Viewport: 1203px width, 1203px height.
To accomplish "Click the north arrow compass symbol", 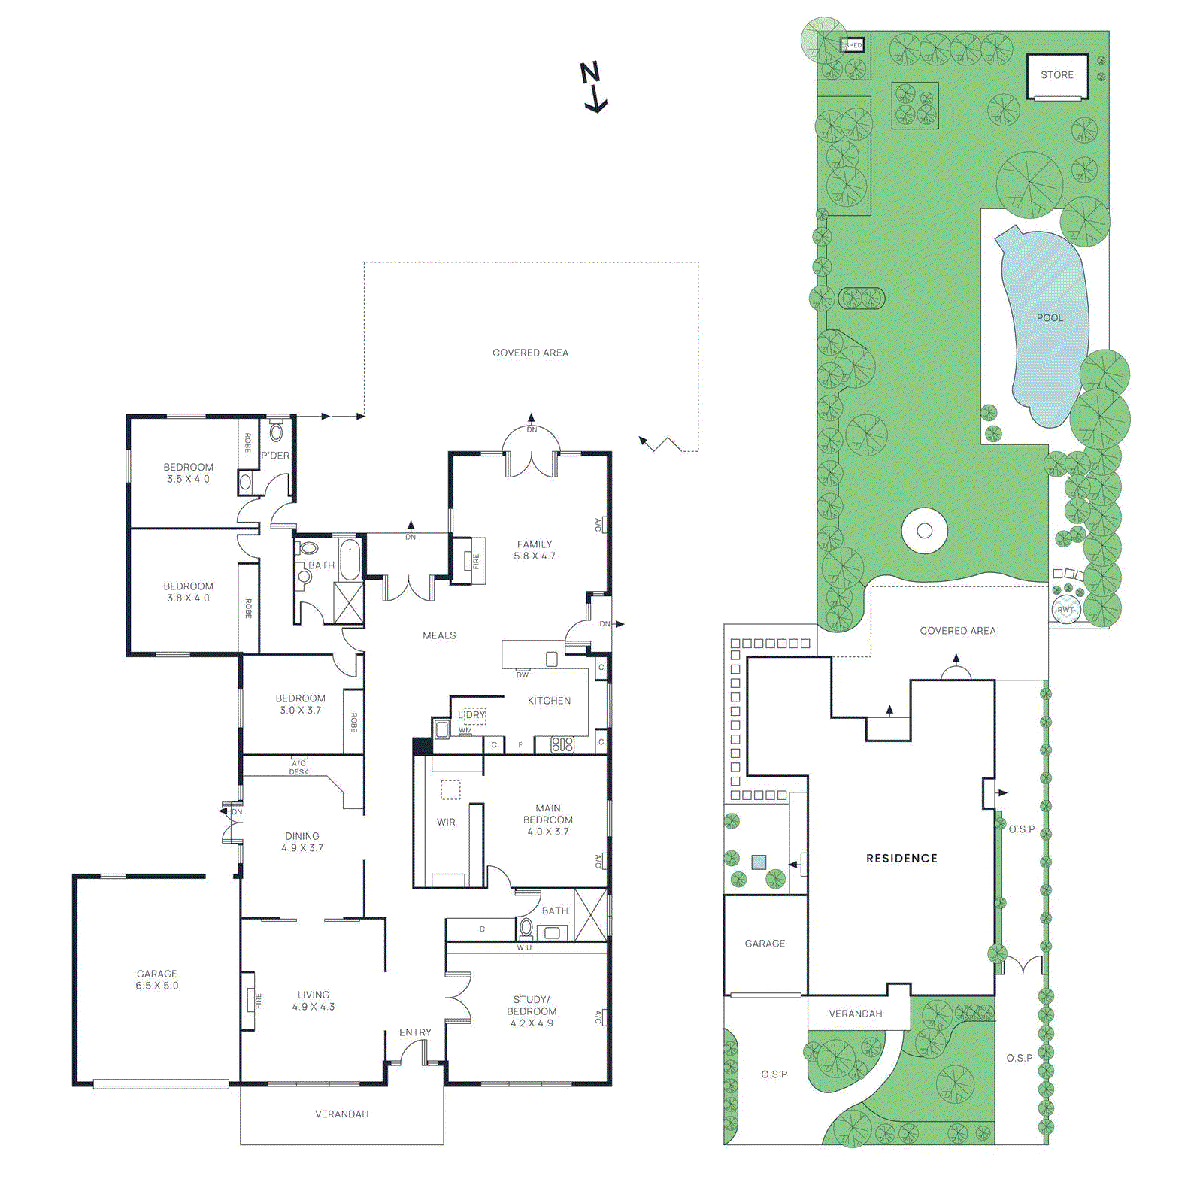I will coord(593,86).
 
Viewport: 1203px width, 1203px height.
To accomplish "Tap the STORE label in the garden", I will coord(1056,75).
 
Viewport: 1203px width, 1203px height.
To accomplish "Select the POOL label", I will coord(1050,318).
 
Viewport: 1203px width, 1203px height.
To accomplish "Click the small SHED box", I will coord(853,45).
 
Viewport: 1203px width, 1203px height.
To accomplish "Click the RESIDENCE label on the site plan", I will coord(901,859).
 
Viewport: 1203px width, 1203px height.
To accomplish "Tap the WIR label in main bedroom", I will coord(446,823).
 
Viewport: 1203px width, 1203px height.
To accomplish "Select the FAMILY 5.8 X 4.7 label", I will coord(535,550).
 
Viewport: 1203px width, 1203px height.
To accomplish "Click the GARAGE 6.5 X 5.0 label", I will coord(157,980).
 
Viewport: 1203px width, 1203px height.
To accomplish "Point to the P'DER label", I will coord(275,456).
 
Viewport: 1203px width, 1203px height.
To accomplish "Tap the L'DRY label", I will coord(472,715).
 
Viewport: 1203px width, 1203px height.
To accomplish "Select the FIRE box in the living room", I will coord(249,1001).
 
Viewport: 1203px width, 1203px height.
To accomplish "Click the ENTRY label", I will coord(415,1032).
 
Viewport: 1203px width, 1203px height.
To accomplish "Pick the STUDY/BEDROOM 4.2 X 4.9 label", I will coord(532,1011).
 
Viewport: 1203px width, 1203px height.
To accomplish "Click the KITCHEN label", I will coord(549,701).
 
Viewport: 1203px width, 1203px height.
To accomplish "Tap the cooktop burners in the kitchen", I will coord(562,744).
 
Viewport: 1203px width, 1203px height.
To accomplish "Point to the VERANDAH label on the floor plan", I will coord(341,1114).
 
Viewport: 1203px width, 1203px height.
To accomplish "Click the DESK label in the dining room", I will coord(298,772).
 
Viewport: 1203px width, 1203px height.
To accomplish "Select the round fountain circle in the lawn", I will coord(925,531).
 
